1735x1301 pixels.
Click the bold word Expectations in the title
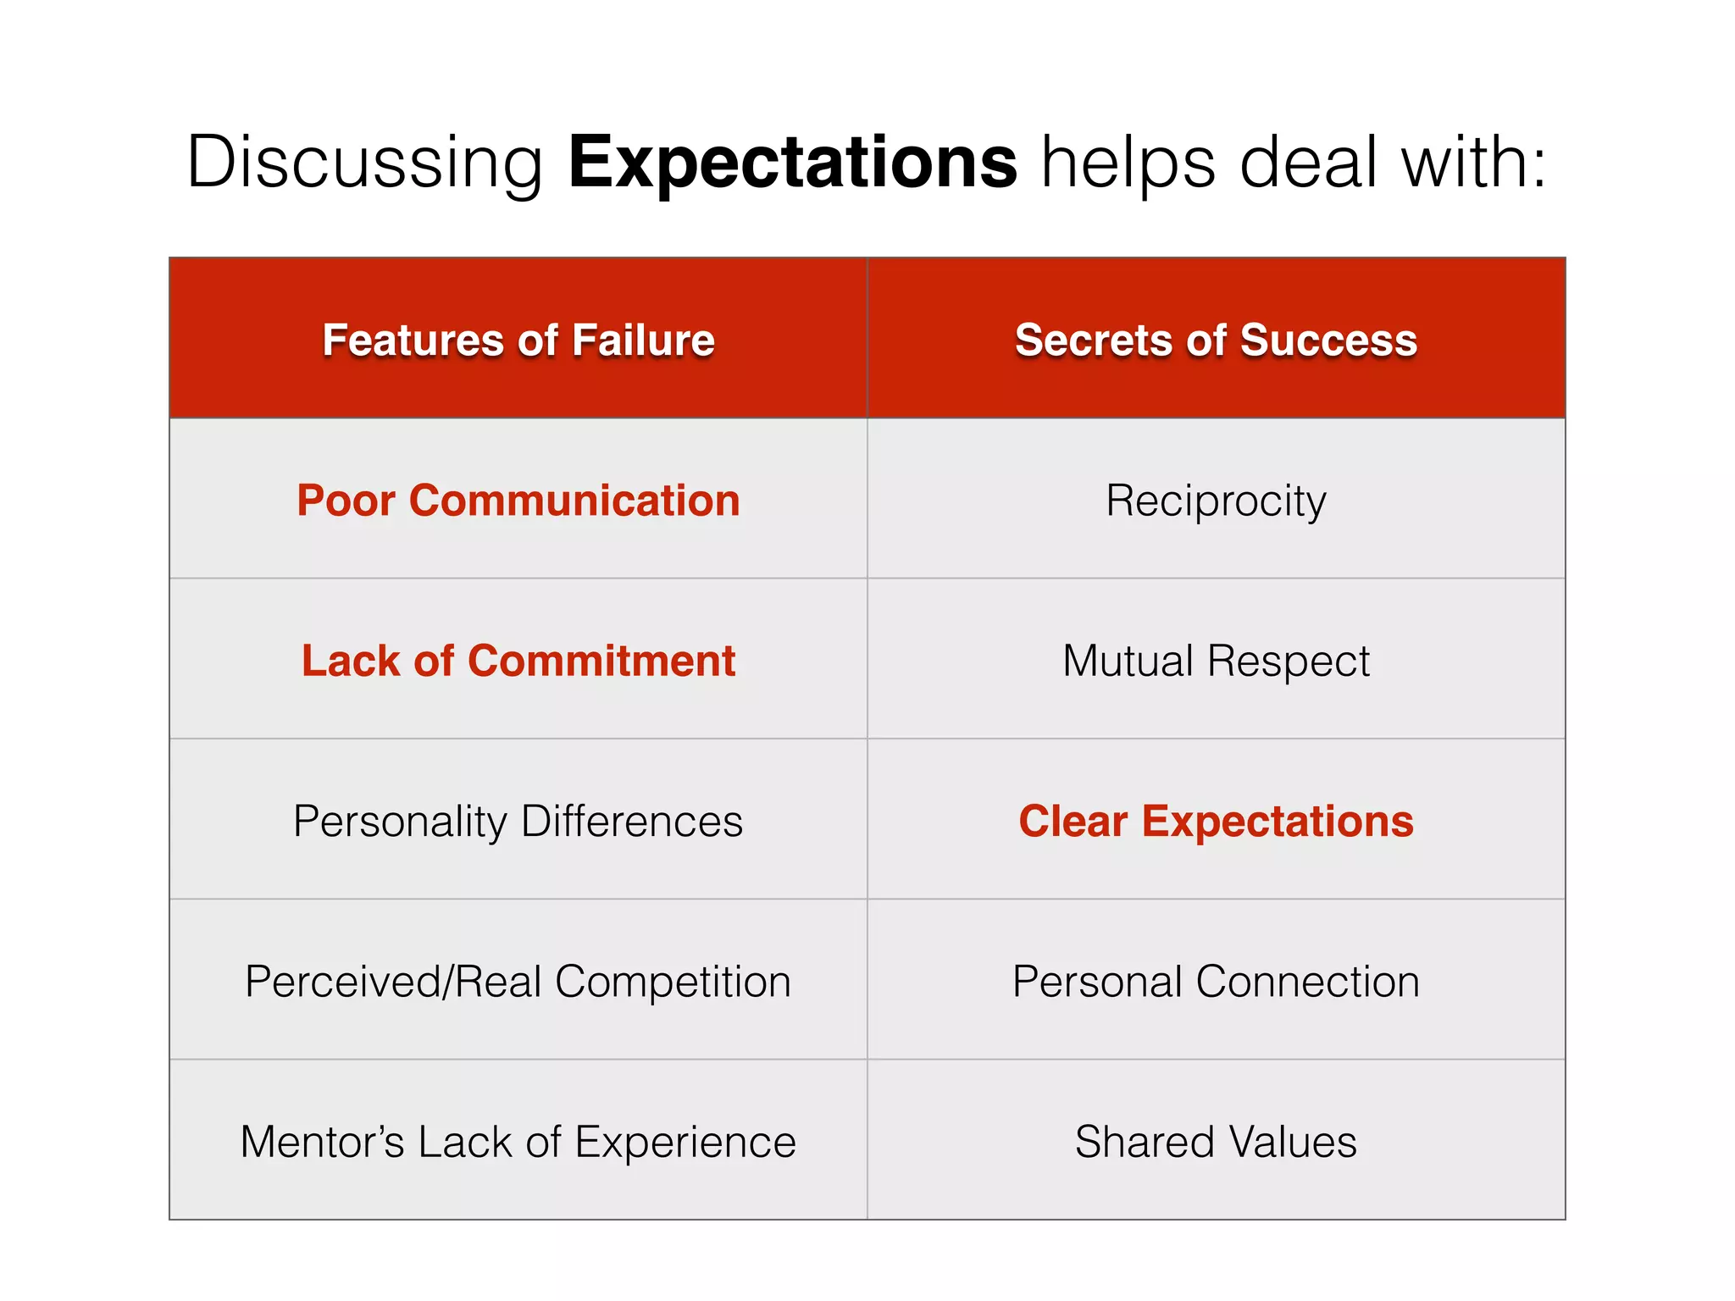(x=792, y=163)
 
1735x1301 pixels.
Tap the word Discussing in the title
(x=364, y=163)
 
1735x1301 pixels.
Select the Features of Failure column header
(x=518, y=340)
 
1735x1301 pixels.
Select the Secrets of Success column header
(x=1216, y=340)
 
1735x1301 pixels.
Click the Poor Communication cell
(x=518, y=500)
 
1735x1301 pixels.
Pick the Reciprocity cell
(x=1216, y=500)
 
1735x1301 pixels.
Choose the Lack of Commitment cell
(x=518, y=660)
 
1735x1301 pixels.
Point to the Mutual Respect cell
(x=1216, y=660)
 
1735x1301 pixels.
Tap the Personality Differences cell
(x=518, y=820)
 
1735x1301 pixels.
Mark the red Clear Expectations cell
(x=1216, y=820)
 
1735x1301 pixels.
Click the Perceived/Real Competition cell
(x=518, y=981)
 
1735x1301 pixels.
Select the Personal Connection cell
(x=1216, y=981)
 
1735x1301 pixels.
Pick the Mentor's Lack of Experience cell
(x=518, y=1141)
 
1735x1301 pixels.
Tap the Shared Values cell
(x=1216, y=1141)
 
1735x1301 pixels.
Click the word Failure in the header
(x=643, y=340)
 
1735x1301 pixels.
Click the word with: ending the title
(x=1474, y=163)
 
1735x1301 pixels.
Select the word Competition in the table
(x=673, y=981)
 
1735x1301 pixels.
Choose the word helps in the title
(x=1128, y=163)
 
